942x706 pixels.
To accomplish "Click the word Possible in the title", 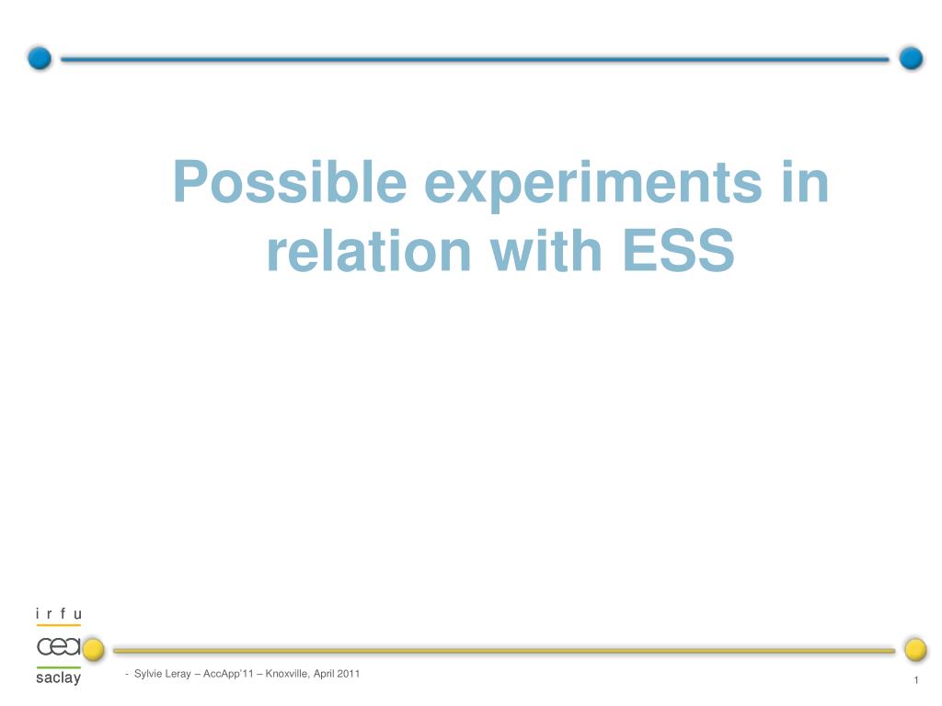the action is point(290,183).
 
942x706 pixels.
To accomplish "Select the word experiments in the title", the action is point(593,184).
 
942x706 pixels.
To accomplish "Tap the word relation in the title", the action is point(369,250).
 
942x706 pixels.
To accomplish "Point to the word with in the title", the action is point(546,250).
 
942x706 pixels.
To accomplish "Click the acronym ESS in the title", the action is point(678,250).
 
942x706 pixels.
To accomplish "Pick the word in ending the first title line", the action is point(805,182).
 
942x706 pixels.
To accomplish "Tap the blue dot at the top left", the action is point(40,58).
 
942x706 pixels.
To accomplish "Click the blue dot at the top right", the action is point(911,58).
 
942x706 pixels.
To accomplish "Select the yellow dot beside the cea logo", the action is point(93,650).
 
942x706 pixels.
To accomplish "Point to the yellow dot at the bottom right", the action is point(915,650).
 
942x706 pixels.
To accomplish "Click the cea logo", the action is point(59,646).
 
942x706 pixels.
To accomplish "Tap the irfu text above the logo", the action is point(58,613).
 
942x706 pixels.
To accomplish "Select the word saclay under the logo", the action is point(58,678).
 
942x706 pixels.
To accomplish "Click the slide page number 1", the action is point(916,680).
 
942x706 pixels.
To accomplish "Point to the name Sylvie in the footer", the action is point(148,674).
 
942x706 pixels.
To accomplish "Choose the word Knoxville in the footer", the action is point(287,674).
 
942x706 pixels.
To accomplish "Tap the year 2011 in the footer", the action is point(348,674).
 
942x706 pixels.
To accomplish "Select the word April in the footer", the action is point(323,674).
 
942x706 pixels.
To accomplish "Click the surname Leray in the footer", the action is point(178,674).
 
